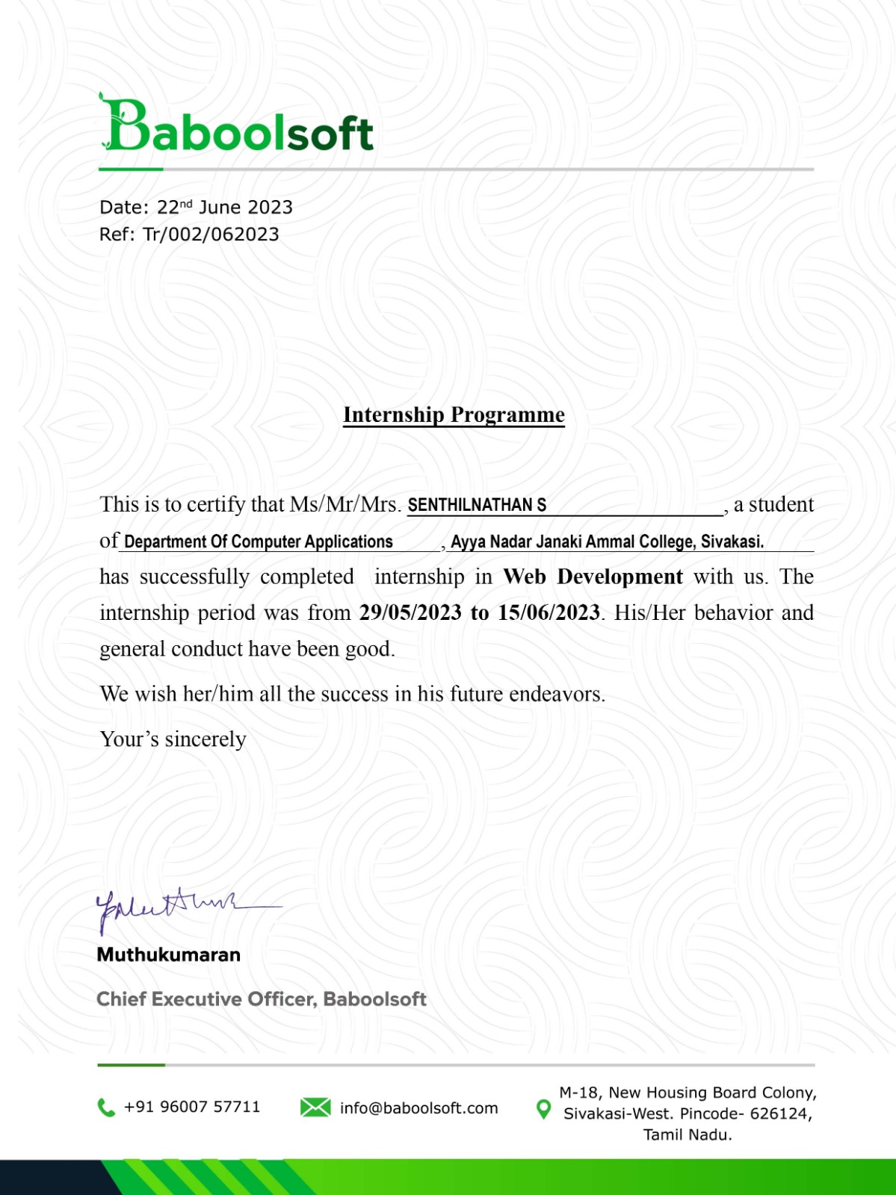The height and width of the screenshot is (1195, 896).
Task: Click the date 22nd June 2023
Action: point(224,208)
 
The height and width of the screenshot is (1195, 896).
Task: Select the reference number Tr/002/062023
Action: point(211,235)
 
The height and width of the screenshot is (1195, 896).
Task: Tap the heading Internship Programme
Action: point(454,415)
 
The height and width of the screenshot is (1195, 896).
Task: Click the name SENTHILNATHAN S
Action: point(477,506)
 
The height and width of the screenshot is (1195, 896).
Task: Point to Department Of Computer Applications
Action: point(258,541)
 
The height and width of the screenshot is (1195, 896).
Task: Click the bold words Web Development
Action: point(593,577)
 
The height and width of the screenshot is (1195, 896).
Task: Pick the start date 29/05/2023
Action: point(410,612)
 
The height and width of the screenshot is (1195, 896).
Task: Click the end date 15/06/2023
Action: point(549,612)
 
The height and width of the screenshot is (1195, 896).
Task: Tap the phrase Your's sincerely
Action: point(173,739)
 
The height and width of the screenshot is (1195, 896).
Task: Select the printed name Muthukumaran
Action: point(169,955)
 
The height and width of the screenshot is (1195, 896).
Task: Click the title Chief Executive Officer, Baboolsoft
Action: point(262,999)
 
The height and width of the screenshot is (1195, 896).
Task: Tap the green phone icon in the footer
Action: point(106,1108)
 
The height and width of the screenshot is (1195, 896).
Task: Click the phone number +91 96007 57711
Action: point(192,1107)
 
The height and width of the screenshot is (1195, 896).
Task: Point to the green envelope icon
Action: point(315,1108)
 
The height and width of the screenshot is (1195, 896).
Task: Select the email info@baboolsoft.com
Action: point(418,1108)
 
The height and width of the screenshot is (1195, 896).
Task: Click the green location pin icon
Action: point(544,1109)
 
